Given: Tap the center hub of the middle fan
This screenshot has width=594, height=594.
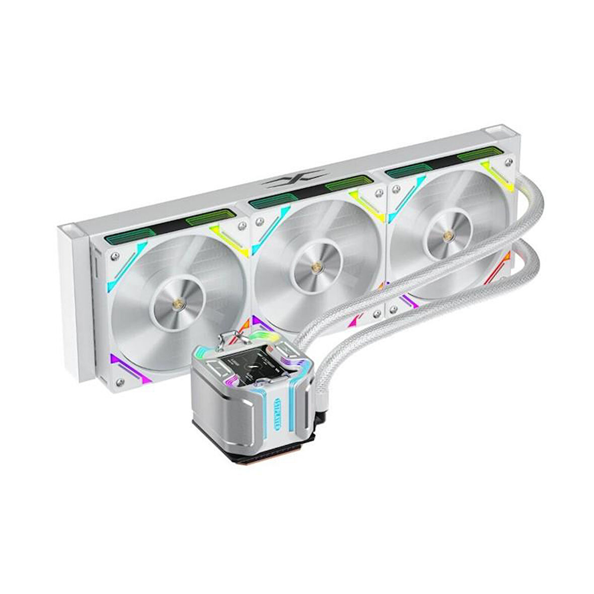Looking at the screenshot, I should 316,268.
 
